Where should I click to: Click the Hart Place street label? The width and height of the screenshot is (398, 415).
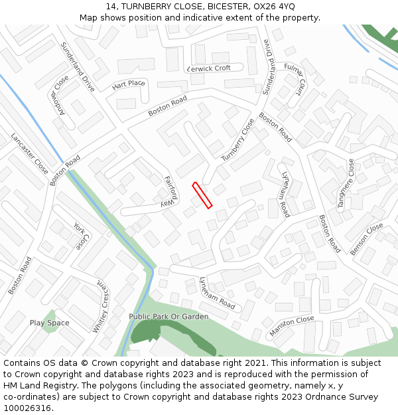coord(129,84)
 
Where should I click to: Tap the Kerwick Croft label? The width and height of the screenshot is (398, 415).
coord(209,68)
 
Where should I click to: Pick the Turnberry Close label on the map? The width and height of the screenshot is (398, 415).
coord(237,139)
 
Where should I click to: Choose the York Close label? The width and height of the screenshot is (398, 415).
coord(80,236)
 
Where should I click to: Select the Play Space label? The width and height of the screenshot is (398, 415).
coord(50,323)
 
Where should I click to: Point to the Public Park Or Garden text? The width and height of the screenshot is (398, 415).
coord(168,317)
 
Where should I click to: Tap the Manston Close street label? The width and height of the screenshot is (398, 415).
coord(292,326)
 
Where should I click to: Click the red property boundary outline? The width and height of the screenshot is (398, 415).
coord(202,195)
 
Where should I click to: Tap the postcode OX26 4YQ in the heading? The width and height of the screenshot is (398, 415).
coord(273,7)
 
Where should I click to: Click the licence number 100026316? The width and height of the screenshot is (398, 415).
coord(27,408)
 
